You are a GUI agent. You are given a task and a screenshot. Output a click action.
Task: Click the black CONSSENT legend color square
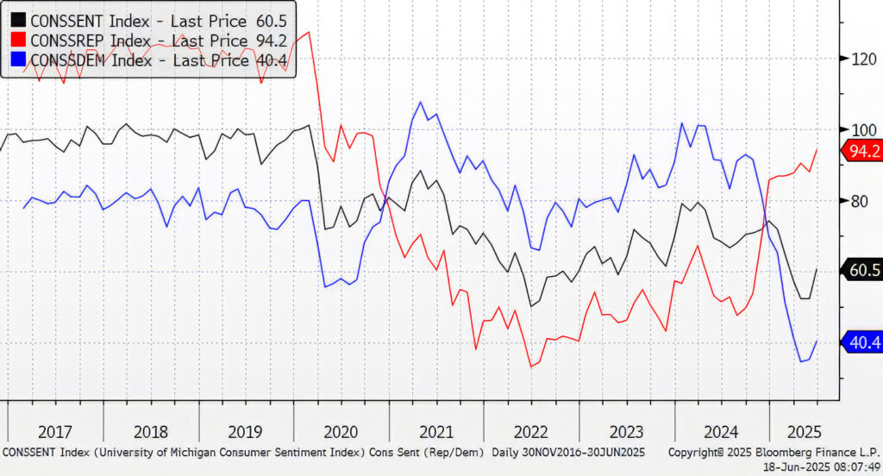point(18,19)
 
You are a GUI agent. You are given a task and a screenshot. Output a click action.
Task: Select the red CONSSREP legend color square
point(18,40)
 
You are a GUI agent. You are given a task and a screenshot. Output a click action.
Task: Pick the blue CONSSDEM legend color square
point(18,60)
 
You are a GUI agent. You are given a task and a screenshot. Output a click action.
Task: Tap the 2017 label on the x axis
point(54,432)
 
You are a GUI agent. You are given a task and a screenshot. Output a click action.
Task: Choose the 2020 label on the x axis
point(340,432)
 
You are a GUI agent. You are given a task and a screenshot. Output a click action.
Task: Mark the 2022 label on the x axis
point(530,432)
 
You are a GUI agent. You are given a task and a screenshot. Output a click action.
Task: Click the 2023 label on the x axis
point(625,432)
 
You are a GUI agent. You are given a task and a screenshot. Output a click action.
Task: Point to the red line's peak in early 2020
point(309,33)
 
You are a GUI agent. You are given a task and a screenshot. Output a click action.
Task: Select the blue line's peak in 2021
point(421,103)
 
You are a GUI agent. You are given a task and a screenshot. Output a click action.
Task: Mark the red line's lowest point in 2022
point(531,366)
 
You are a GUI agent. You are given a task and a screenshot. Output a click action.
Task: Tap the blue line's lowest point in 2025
point(802,361)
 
